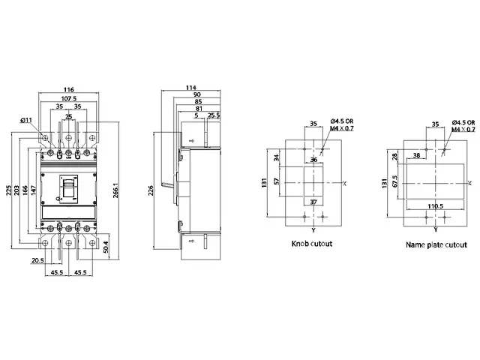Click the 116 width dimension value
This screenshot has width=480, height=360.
(68, 89)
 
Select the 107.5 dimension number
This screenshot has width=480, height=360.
(68, 98)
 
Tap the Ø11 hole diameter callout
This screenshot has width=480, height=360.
(26, 120)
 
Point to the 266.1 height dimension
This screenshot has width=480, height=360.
(115, 190)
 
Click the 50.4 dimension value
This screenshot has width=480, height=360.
(106, 247)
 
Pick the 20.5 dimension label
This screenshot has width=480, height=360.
(37, 260)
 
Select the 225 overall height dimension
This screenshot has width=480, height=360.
(9, 190)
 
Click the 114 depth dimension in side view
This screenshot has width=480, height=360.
(191, 88)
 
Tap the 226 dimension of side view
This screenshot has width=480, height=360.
(151, 190)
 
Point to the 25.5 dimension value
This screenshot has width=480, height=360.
(214, 115)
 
